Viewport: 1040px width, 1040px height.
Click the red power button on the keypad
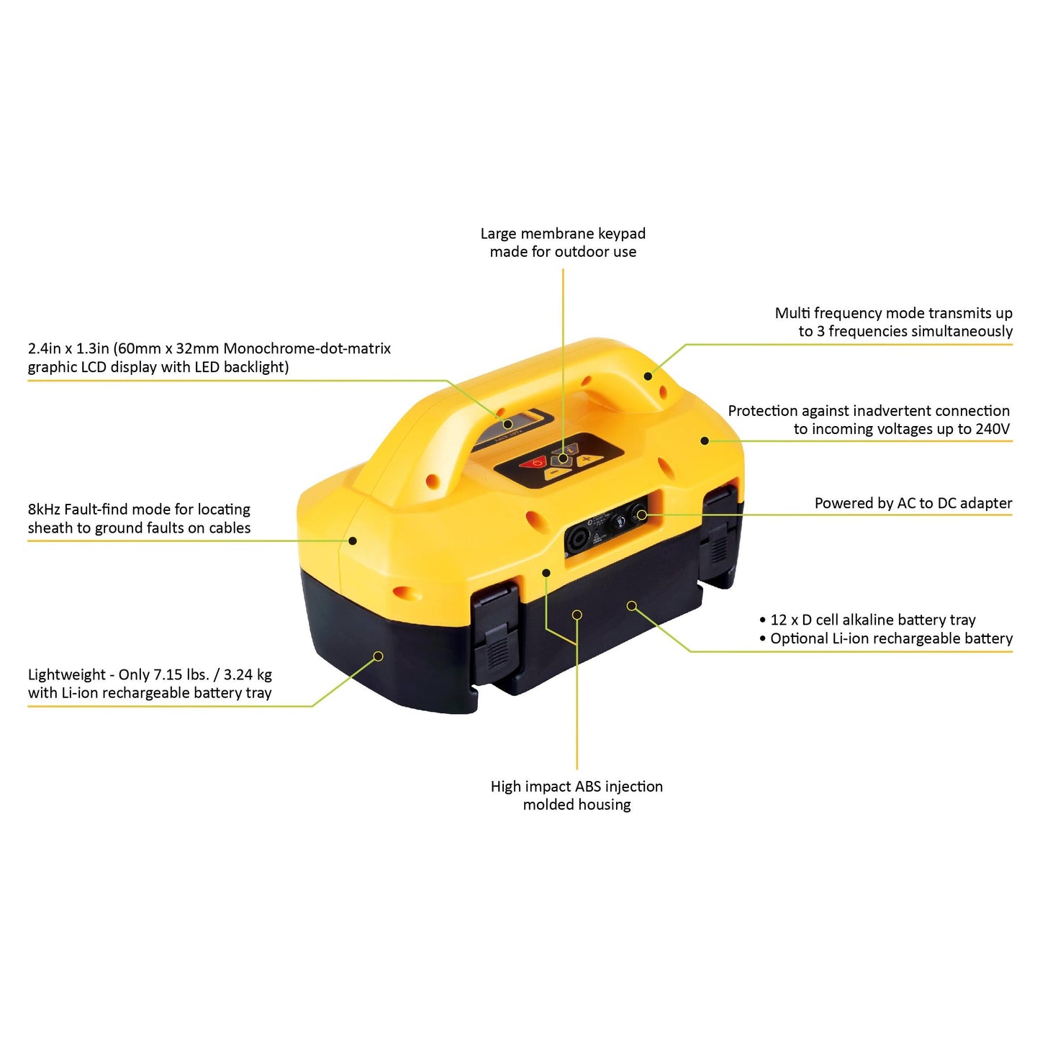(x=535, y=463)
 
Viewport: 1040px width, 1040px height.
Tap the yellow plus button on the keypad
(x=587, y=458)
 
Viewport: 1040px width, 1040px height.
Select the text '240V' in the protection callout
(x=992, y=429)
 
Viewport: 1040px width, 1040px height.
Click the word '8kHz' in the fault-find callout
(x=44, y=510)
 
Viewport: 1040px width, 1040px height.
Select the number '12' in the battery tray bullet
(x=779, y=620)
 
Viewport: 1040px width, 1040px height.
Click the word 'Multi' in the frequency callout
(x=792, y=313)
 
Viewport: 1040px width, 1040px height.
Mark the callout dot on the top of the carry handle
(x=648, y=376)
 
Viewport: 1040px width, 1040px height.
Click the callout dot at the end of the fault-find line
(x=353, y=541)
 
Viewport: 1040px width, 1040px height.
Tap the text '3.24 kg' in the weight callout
(x=248, y=675)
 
